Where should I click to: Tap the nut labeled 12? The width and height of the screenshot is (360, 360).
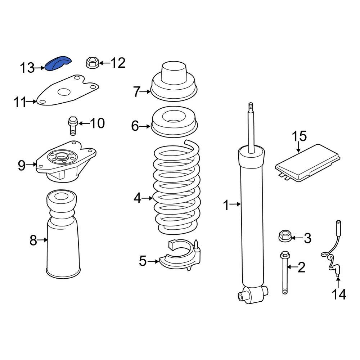tap(92, 63)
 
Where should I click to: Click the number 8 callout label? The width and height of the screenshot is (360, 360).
tap(33, 240)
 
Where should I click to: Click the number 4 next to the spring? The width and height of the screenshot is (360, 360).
tap(138, 198)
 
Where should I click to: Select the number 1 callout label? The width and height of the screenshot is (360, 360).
tap(226, 206)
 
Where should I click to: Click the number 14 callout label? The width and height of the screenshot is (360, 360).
tap(339, 294)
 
